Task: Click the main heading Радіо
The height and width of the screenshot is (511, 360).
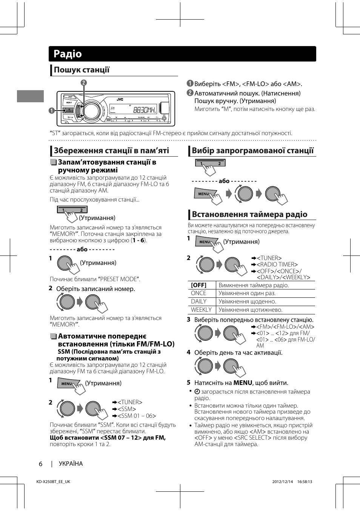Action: point(68,54)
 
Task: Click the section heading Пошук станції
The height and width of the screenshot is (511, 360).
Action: point(82,70)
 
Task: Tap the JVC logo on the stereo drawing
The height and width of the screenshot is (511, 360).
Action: point(120,99)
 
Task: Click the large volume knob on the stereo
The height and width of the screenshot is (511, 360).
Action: point(91,111)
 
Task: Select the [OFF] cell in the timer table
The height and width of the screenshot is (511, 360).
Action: point(198,285)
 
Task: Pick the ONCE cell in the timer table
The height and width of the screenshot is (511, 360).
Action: point(198,293)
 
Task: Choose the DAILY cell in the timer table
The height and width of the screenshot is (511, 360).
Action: point(198,302)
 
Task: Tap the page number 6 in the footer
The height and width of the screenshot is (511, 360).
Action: point(41,464)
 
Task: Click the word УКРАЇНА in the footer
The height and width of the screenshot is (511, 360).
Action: point(71,464)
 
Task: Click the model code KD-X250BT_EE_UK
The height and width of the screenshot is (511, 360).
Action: point(53,482)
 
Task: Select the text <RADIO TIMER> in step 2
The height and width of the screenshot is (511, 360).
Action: point(277,265)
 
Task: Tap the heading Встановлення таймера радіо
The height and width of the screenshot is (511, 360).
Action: point(249,214)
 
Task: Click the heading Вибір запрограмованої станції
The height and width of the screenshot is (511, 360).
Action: point(252,151)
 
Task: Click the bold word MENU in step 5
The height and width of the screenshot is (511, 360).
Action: point(242,383)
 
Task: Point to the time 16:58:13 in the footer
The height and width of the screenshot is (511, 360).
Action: point(305,482)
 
